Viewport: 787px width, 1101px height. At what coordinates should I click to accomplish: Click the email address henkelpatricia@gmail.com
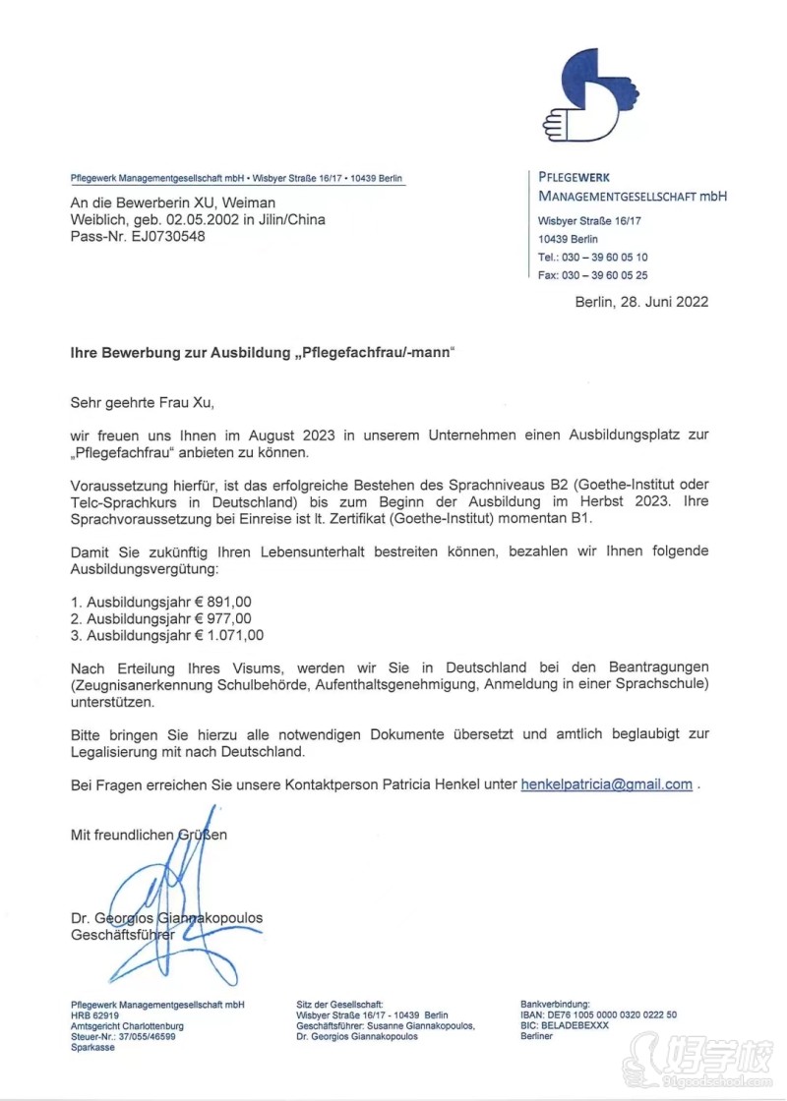click(607, 784)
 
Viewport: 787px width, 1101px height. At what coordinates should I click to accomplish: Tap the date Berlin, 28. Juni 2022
click(641, 302)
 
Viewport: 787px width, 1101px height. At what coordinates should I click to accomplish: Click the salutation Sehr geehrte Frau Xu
click(142, 402)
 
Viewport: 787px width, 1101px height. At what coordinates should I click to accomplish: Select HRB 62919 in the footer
click(95, 1014)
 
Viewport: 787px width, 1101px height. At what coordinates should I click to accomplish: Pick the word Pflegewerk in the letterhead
click(575, 178)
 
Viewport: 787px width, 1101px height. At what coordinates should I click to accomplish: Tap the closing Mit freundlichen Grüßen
click(149, 835)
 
